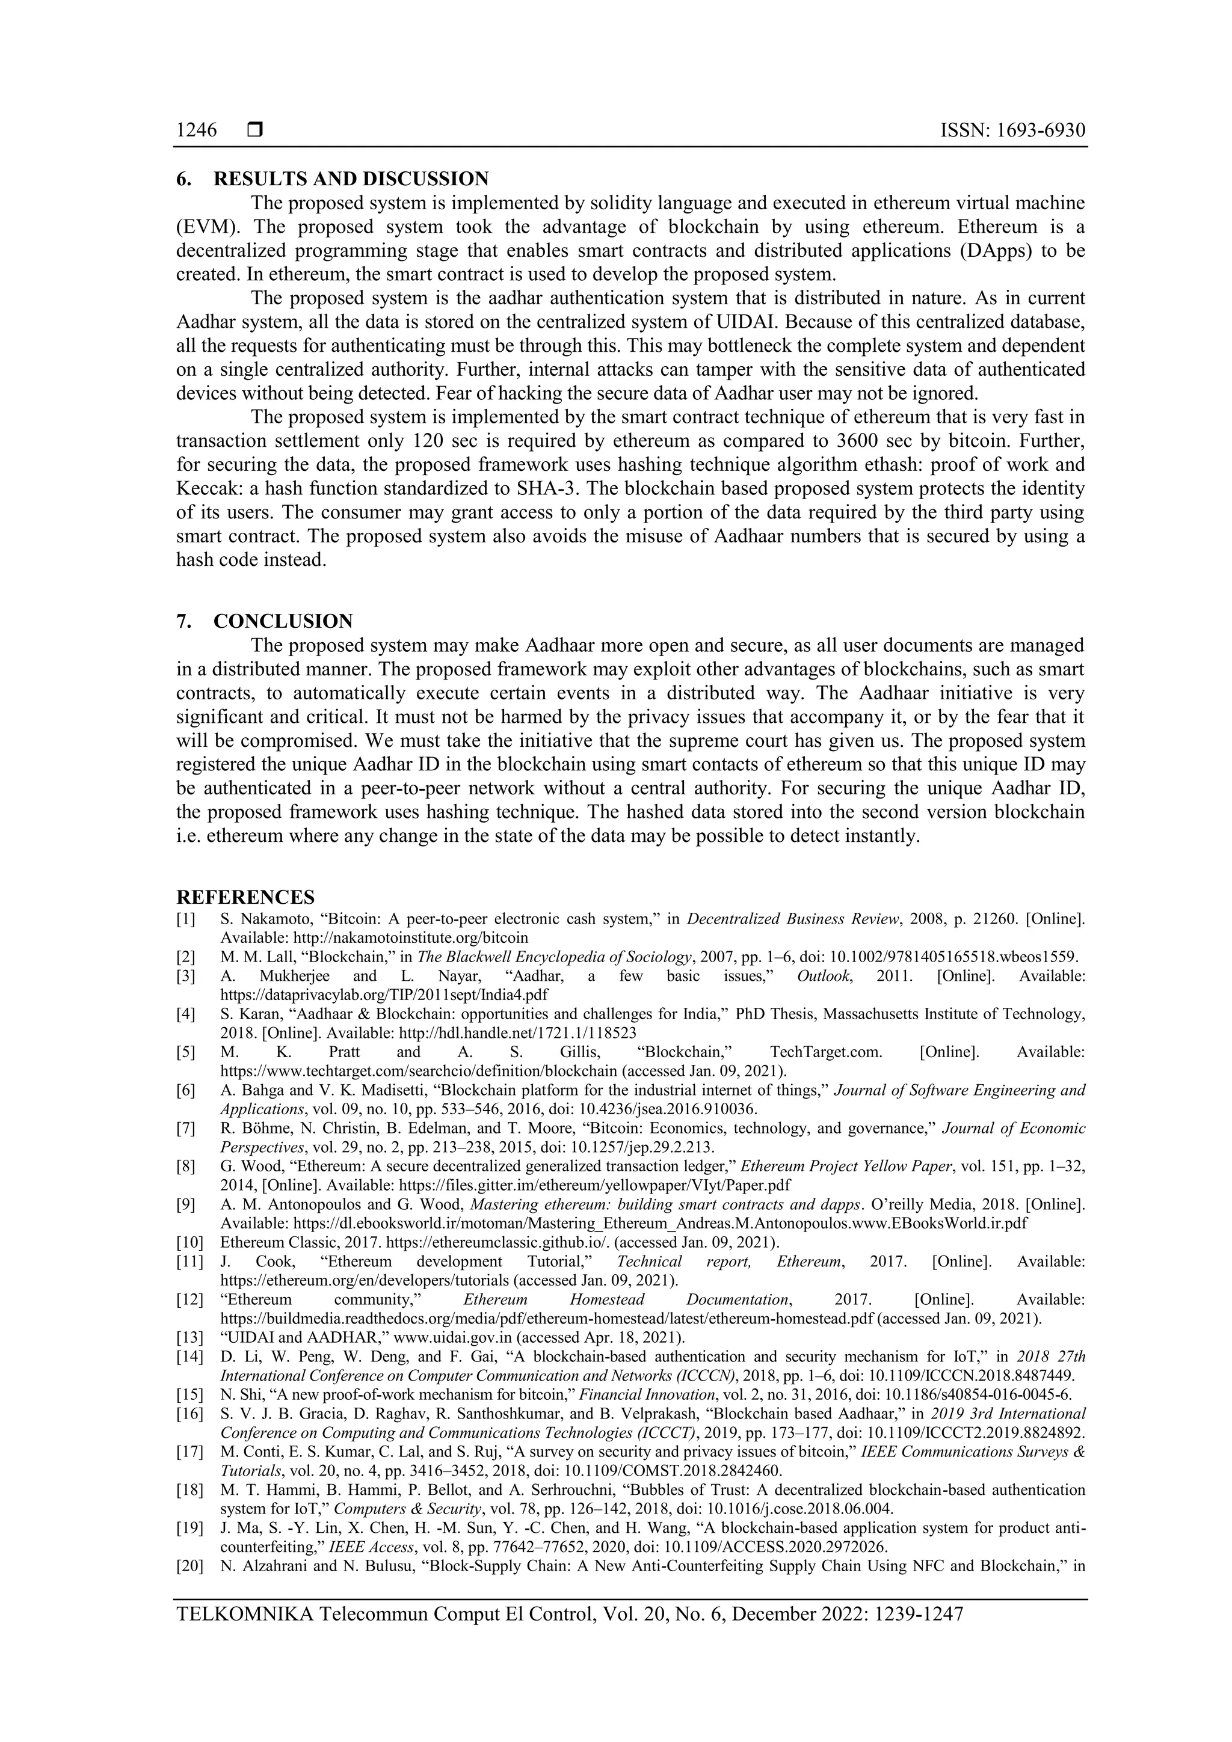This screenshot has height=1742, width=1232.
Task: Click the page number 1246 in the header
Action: pyautogui.click(x=197, y=130)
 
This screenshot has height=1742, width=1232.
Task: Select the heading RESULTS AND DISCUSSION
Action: pyautogui.click(x=351, y=179)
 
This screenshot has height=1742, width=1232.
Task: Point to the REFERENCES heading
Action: pyautogui.click(x=245, y=898)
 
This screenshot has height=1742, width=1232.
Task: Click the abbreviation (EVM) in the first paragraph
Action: pyautogui.click(x=206, y=227)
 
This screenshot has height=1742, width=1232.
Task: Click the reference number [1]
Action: pyautogui.click(x=186, y=919)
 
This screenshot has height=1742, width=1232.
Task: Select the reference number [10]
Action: pyautogui.click(x=189, y=1243)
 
